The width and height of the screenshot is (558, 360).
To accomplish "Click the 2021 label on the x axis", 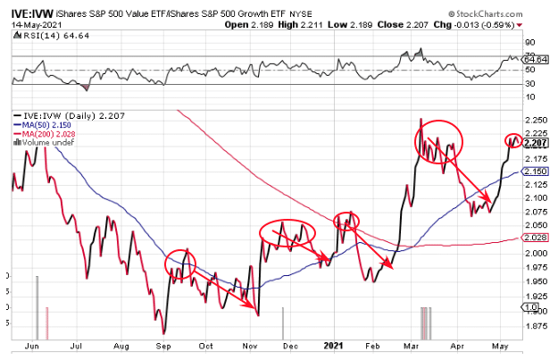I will click(333, 345).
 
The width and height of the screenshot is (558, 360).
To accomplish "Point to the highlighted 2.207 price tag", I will click(537, 143).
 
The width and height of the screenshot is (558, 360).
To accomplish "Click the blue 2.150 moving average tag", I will click(537, 171).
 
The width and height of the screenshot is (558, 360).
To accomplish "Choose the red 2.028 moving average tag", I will click(537, 238).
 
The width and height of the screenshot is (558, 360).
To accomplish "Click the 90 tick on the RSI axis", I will click(529, 42).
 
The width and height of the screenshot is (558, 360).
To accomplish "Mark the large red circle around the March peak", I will click(438, 137).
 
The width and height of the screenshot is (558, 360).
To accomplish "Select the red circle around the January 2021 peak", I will click(346, 220).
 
